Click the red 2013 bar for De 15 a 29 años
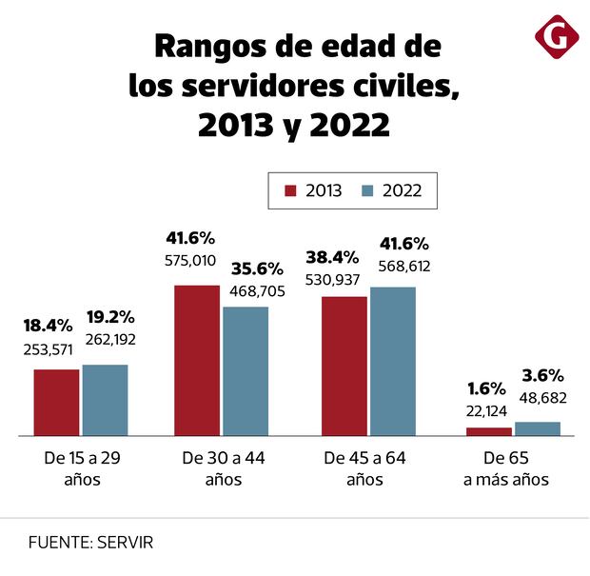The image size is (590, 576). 56,402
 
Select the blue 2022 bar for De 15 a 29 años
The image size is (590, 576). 105,400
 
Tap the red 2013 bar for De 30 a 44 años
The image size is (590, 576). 197,360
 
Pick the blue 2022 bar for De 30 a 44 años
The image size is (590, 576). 246,370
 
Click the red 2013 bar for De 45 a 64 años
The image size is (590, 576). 344,366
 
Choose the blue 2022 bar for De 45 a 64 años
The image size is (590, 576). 393,361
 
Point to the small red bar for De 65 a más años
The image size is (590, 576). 489,431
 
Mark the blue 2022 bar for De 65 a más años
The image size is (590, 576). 538,428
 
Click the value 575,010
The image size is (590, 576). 190,260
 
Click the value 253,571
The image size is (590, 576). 49,348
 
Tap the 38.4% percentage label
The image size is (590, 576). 331,257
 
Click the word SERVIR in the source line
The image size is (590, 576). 124,543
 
